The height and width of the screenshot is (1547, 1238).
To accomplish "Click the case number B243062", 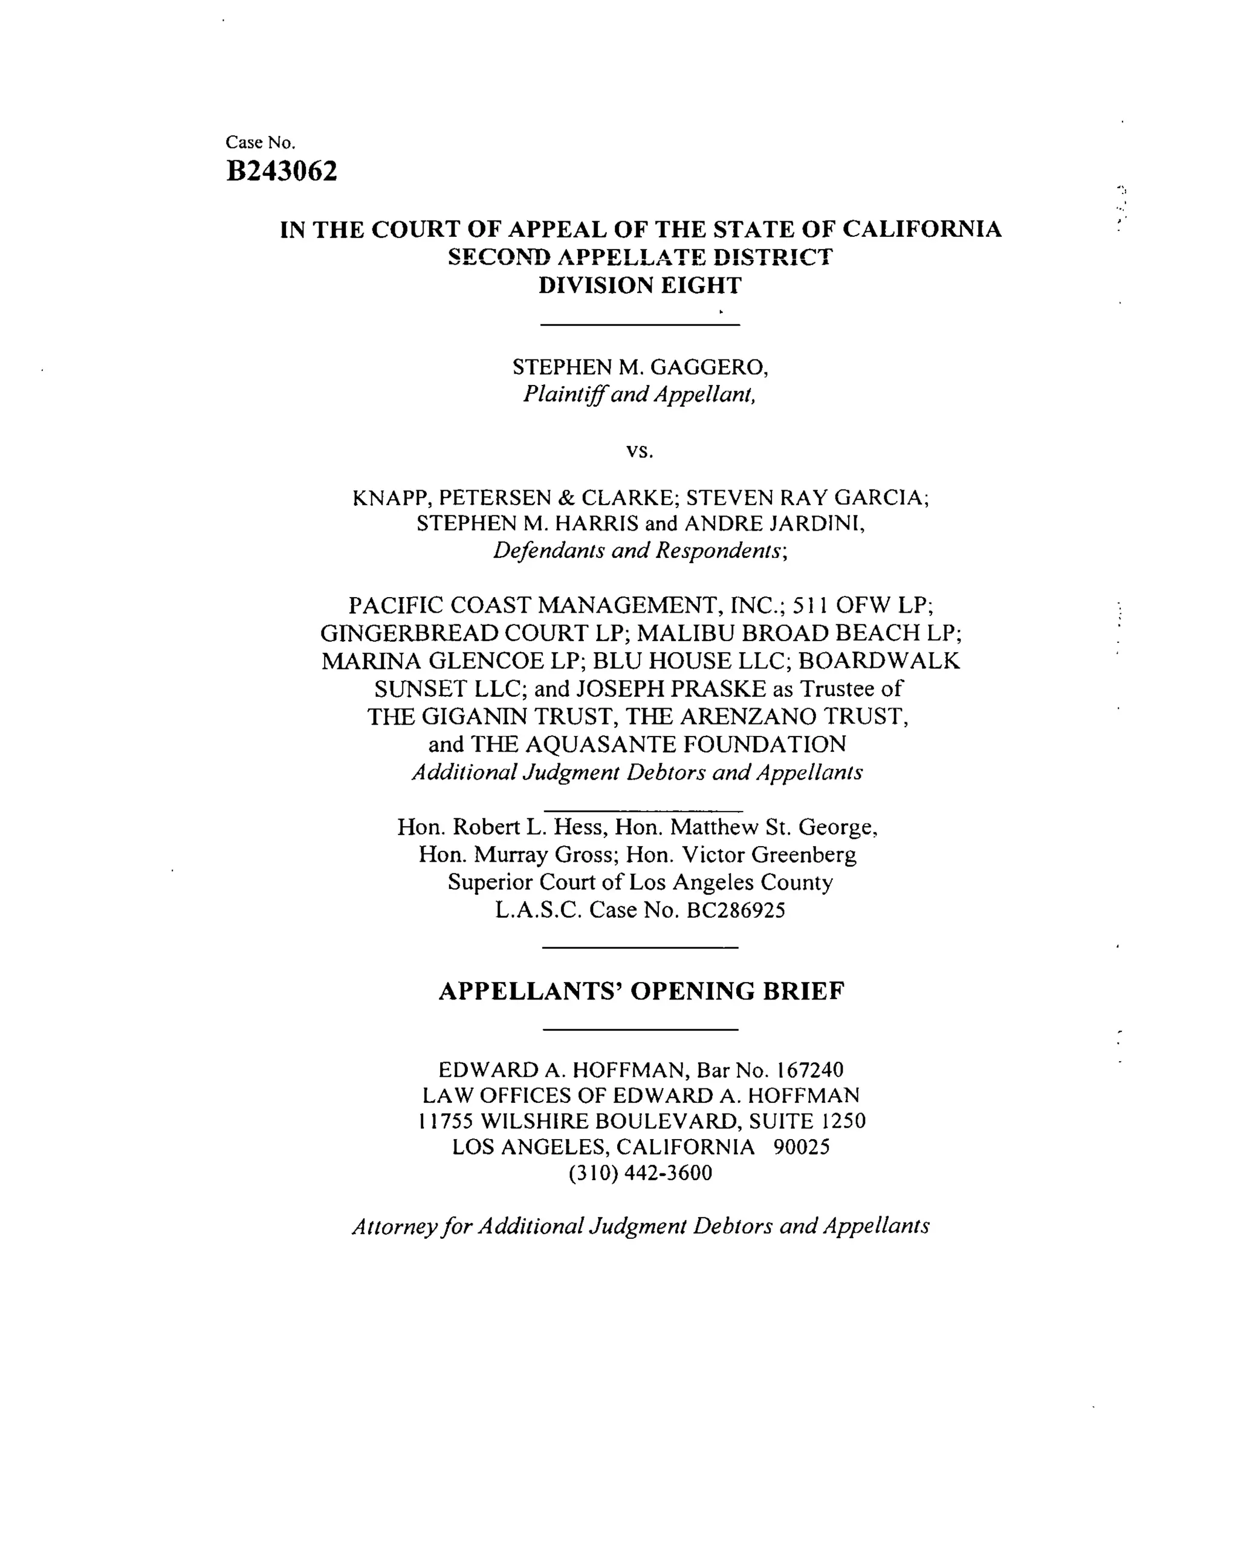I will tap(281, 172).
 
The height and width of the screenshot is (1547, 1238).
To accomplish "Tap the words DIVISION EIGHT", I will tap(640, 286).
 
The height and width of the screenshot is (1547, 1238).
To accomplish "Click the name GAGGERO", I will tap(709, 367).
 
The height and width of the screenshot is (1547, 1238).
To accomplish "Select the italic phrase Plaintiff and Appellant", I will tap(639, 395).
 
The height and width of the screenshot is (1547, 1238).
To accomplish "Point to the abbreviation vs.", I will tap(640, 451).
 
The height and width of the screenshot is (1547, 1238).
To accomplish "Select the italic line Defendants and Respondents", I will tap(639, 551).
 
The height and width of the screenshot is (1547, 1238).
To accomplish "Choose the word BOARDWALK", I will tap(879, 661).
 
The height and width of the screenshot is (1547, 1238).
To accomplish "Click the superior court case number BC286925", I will tap(736, 911).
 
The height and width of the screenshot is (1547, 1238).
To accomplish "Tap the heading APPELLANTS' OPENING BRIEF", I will tap(641, 992).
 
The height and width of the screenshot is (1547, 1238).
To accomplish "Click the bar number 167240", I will tap(809, 1070).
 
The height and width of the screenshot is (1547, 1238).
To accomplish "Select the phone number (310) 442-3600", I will tap(640, 1173).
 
